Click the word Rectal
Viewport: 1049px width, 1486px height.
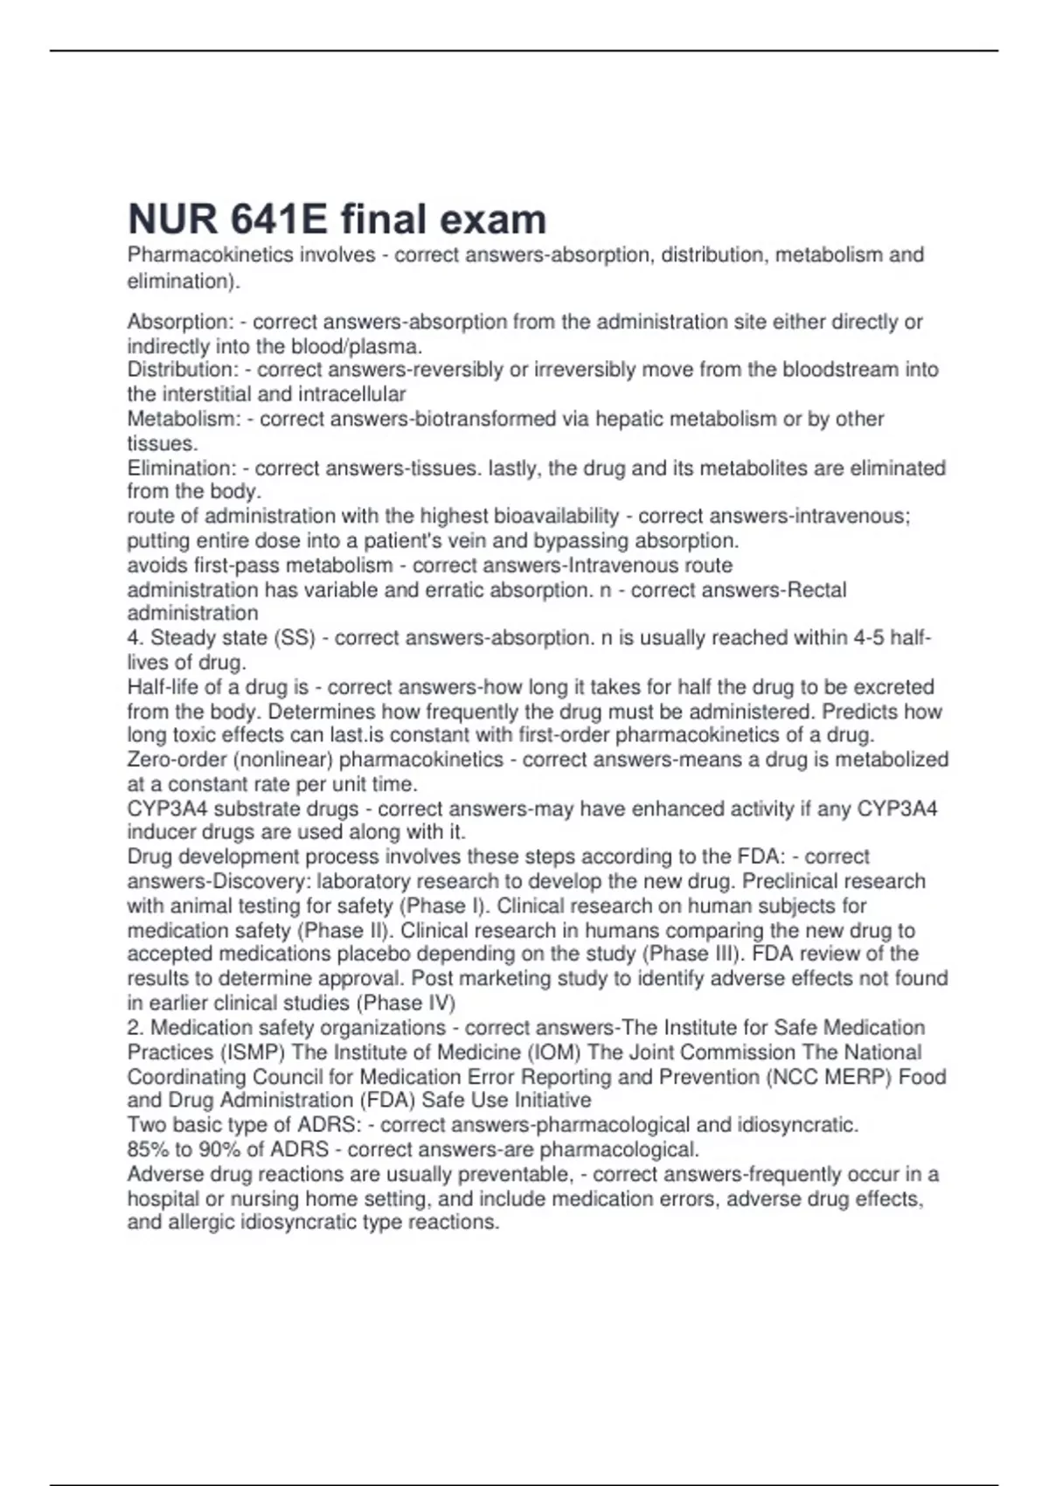816,590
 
